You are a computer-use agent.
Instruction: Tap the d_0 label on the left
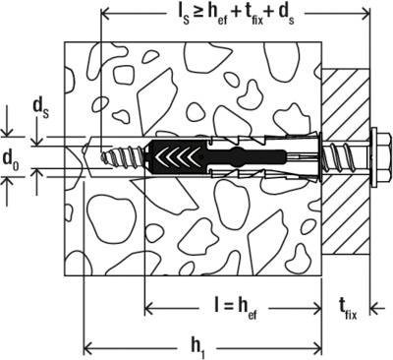13,157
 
